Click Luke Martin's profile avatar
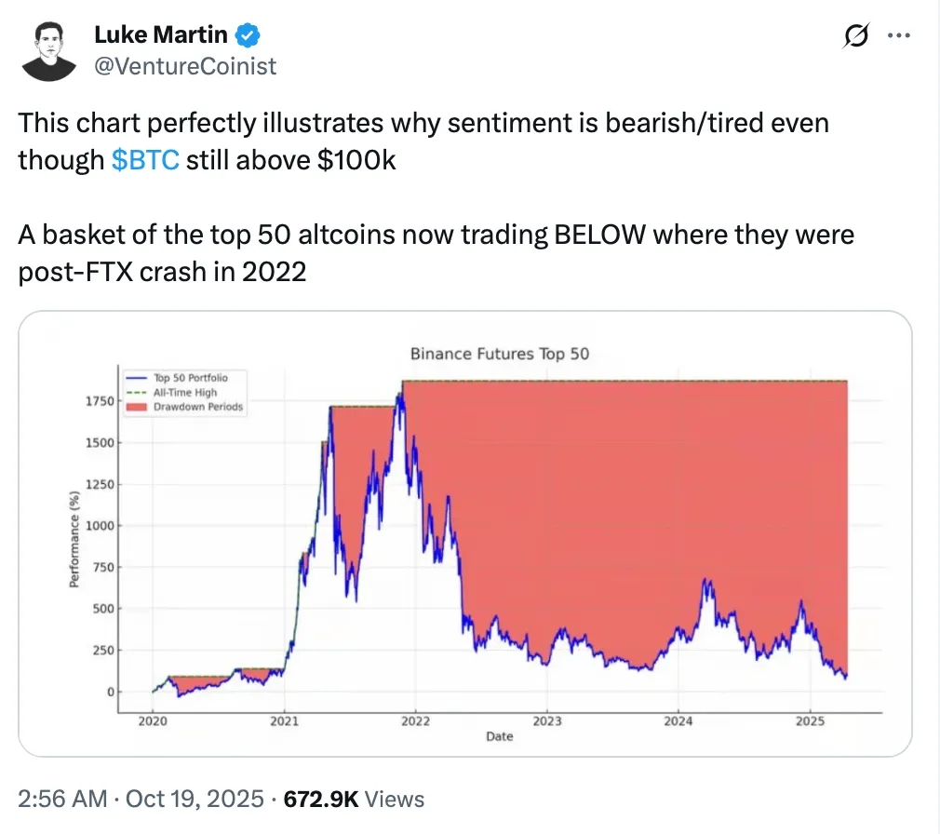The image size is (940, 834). pyautogui.click(x=48, y=50)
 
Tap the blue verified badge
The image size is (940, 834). pyautogui.click(x=247, y=36)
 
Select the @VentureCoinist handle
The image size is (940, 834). pyautogui.click(x=185, y=66)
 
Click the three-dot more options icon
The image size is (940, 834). pyautogui.click(x=898, y=35)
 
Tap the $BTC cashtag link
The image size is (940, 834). pyautogui.click(x=145, y=160)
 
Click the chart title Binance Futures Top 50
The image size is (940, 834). pyautogui.click(x=500, y=354)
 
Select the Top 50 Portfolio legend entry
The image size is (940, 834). pyautogui.click(x=190, y=378)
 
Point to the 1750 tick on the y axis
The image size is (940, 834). pyautogui.click(x=100, y=401)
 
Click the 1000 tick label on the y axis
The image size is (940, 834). pyautogui.click(x=100, y=526)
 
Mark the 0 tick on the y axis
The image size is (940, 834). pyautogui.click(x=110, y=693)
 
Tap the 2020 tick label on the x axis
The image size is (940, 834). pyautogui.click(x=153, y=720)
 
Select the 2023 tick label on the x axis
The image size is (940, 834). pyautogui.click(x=547, y=720)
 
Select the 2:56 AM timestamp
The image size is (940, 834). pyautogui.click(x=60, y=799)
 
